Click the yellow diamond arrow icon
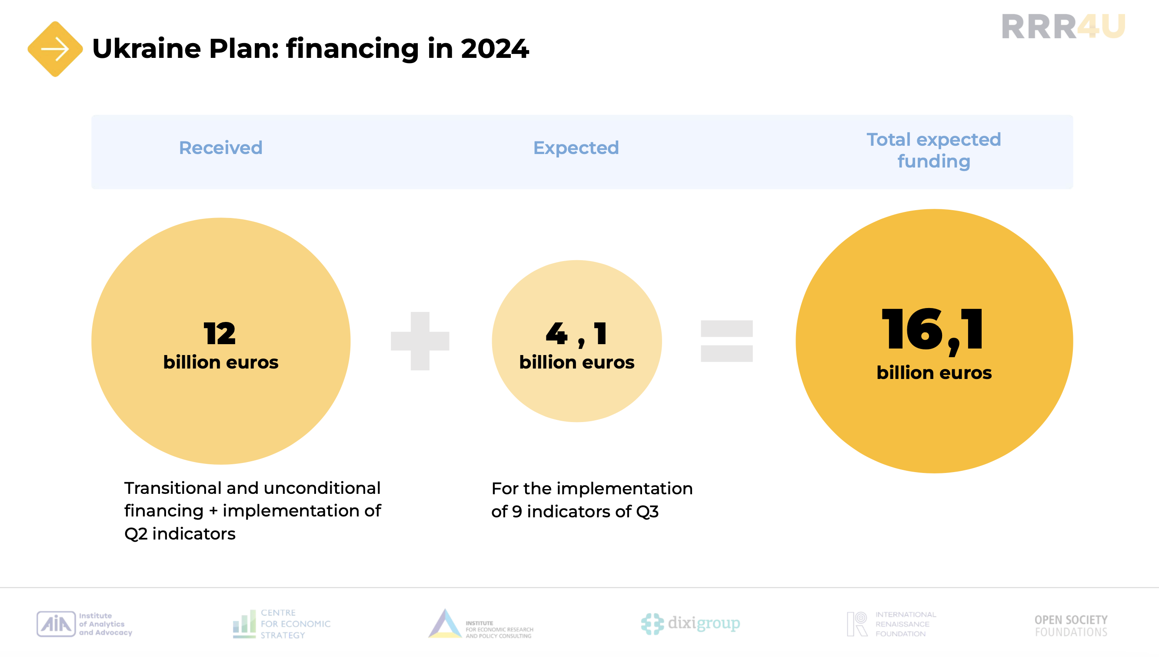point(55,49)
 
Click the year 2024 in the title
point(495,49)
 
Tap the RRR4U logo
point(1063,27)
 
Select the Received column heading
point(220,147)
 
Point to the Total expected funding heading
point(934,151)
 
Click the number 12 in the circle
point(220,333)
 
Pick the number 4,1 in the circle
point(576,334)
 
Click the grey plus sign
point(420,341)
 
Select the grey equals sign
point(727,341)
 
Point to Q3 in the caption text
point(647,512)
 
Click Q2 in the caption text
point(136,534)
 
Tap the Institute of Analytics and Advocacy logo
point(84,624)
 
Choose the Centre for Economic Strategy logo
point(282,623)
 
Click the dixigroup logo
point(691,623)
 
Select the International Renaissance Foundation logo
point(891,624)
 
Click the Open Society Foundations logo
point(1071,626)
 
